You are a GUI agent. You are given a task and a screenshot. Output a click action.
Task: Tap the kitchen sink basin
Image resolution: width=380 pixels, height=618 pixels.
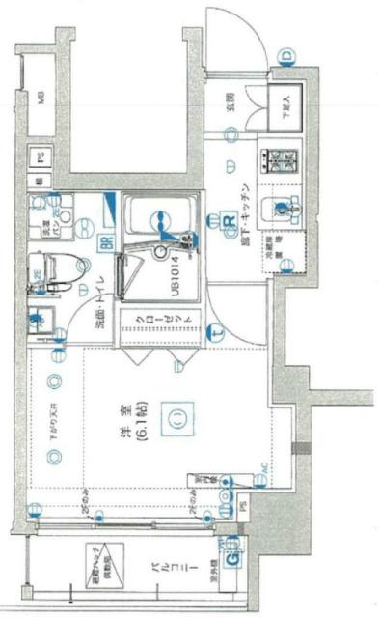283,206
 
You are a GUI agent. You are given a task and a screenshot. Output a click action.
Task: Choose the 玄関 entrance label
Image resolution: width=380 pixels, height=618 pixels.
232,103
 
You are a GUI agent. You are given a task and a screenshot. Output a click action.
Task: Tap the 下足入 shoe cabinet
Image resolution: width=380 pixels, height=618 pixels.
286,104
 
